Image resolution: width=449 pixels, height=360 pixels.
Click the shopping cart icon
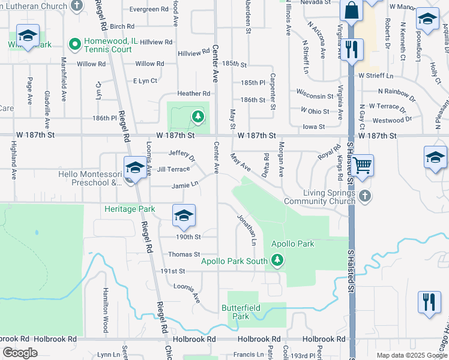coord(363,165)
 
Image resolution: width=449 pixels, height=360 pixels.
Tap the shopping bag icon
coord(351,10)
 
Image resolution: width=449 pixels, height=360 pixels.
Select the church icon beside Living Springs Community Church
coord(364,196)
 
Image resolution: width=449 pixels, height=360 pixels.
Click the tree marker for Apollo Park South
coord(277,260)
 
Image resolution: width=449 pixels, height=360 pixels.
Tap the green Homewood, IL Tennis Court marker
coord(75,44)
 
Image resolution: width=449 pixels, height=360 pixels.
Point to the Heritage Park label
coord(130,209)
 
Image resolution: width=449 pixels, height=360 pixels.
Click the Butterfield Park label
coord(240,311)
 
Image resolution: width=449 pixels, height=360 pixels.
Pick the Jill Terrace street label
coord(173,169)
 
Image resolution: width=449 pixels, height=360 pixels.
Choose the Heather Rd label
coord(193,94)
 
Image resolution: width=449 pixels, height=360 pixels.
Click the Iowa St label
coord(313,127)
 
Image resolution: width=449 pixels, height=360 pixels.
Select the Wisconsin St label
coord(315,96)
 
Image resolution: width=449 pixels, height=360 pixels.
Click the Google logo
coord(20,353)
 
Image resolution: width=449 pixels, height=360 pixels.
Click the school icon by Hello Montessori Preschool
coord(135,168)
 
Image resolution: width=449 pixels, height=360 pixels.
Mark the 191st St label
coord(172,271)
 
